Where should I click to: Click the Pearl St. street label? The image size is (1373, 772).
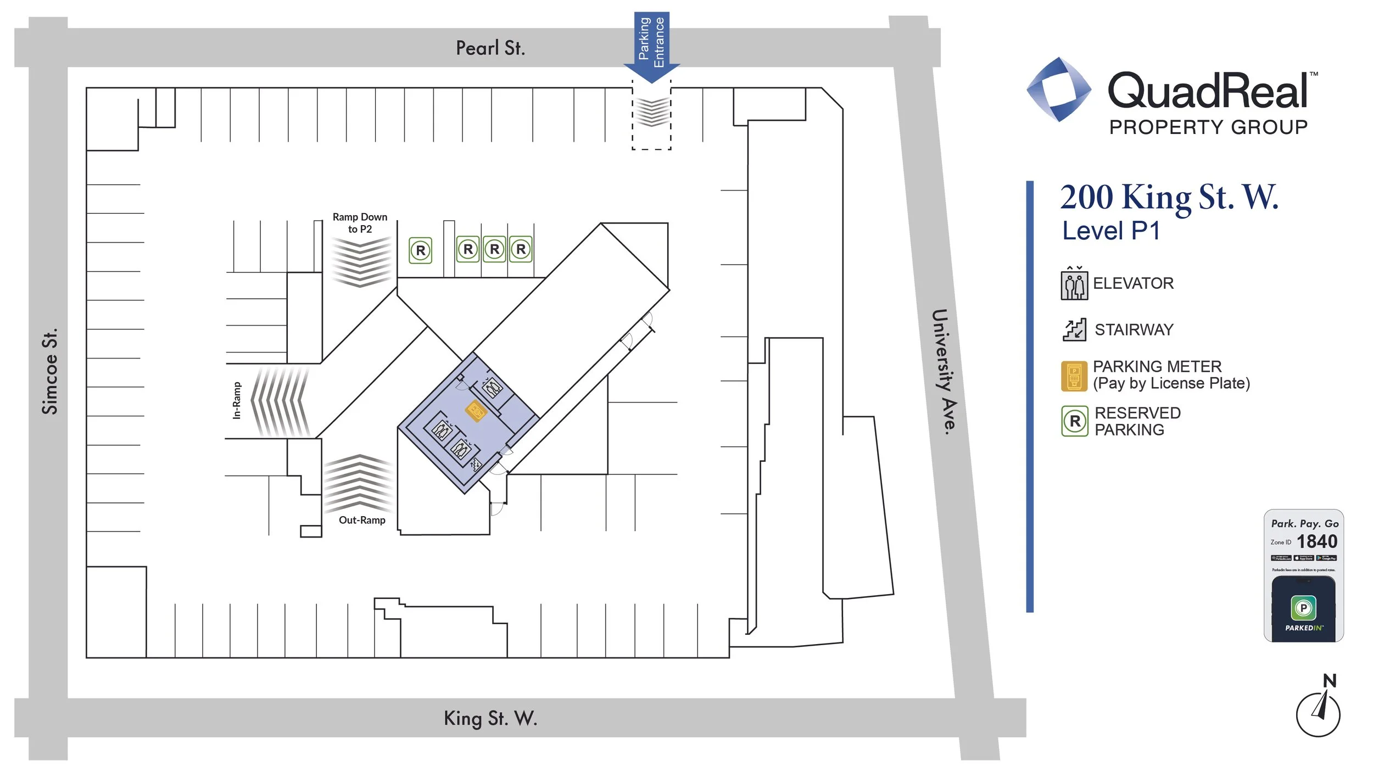[x=490, y=48]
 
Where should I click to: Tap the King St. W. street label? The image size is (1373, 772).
[x=490, y=718]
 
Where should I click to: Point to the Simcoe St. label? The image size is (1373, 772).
[x=49, y=371]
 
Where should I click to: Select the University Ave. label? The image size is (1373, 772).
[x=944, y=372]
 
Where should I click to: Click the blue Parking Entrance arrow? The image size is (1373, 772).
[x=651, y=47]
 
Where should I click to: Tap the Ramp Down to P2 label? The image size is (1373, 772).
[x=360, y=223]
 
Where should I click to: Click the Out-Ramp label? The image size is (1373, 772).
[x=362, y=520]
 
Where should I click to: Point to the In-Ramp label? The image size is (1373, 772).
[x=237, y=400]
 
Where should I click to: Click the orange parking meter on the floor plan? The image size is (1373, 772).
[x=476, y=411]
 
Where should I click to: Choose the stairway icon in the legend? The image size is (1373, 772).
[x=1074, y=329]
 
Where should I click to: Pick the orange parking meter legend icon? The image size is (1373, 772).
[x=1074, y=376]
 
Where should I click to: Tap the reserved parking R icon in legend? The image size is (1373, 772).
[x=1075, y=421]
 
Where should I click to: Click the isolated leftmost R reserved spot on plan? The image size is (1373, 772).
[x=421, y=250]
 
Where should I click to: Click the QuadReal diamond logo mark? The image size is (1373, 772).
[x=1059, y=89]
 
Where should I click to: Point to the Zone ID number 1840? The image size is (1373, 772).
[x=1316, y=542]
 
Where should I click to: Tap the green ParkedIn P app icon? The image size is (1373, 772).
[x=1303, y=608]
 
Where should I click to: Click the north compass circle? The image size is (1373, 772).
[x=1318, y=714]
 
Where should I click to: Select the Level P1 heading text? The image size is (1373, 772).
[x=1111, y=231]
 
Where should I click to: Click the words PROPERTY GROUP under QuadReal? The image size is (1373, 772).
[x=1208, y=127]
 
